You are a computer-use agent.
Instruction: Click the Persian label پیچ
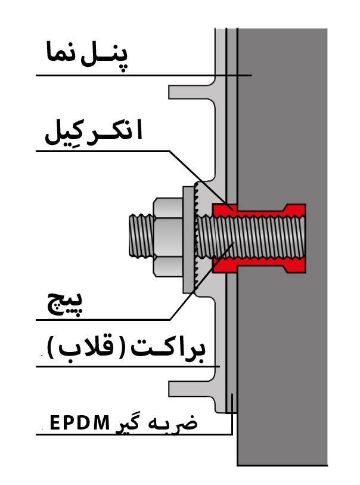(x=66, y=304)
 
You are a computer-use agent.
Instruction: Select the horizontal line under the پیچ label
(x=101, y=319)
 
